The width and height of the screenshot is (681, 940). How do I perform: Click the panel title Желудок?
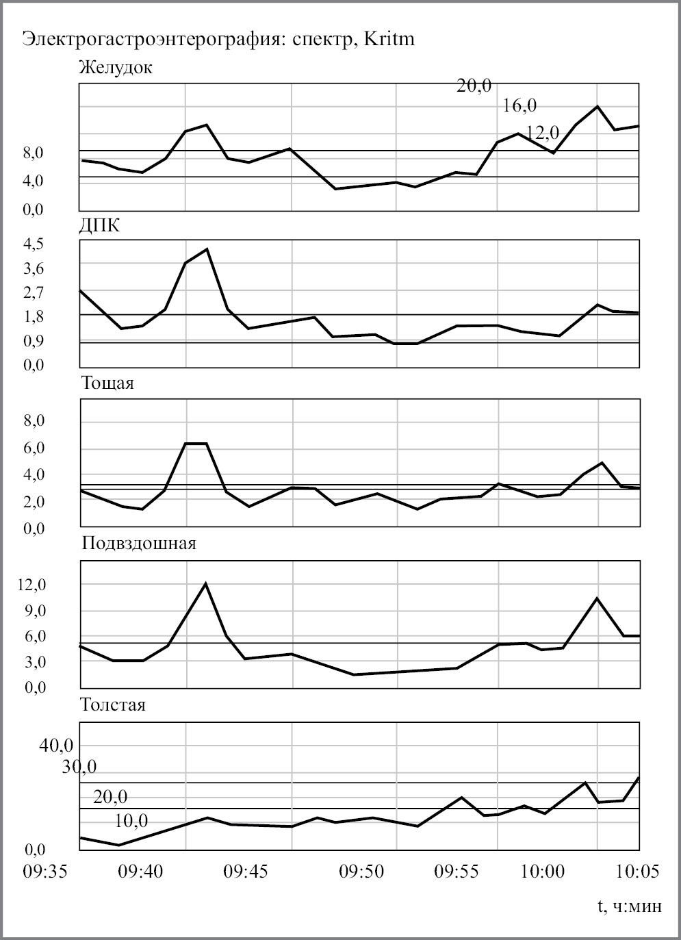(116, 68)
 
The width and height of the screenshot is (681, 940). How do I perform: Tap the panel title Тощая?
(107, 383)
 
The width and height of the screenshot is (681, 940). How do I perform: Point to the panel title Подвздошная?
(139, 544)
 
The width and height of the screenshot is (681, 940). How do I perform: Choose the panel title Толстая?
(113, 704)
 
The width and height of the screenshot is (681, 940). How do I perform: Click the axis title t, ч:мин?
(630, 906)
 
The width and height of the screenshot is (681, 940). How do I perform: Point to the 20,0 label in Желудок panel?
(474, 86)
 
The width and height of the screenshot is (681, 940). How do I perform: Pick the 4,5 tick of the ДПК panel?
(34, 244)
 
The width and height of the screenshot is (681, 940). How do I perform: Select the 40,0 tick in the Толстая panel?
(56, 746)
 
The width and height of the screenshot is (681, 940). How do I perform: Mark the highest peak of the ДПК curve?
(207, 249)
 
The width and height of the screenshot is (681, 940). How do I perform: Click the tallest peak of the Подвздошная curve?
(205, 583)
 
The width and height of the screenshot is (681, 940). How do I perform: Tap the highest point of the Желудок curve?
(598, 106)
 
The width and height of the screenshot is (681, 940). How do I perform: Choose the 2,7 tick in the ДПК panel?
(34, 292)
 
